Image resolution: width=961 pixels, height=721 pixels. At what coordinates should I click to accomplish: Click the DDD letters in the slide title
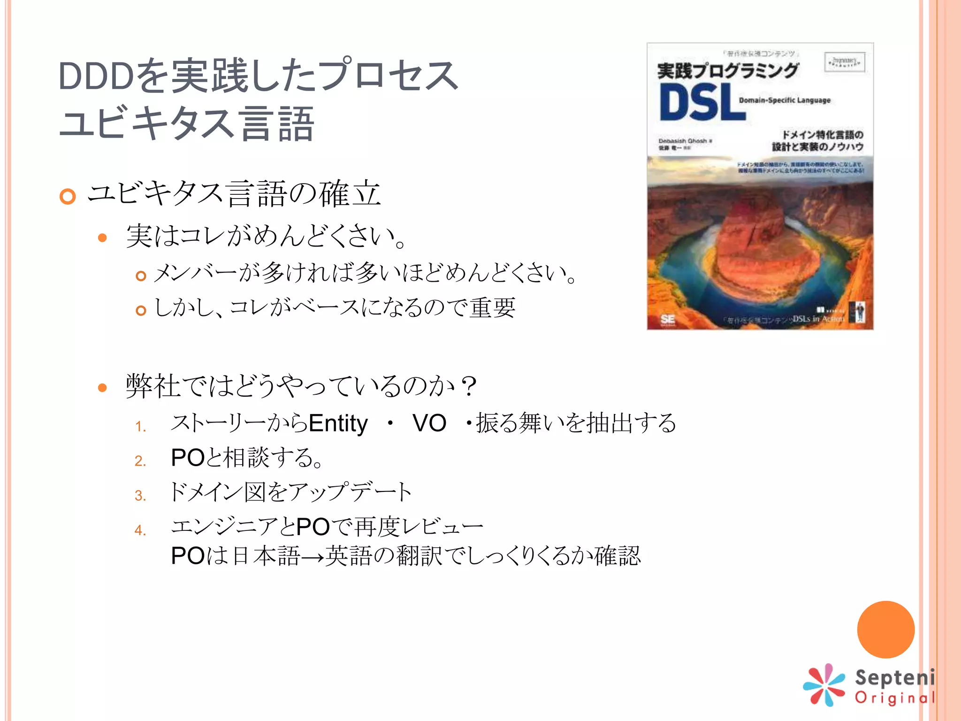click(x=96, y=77)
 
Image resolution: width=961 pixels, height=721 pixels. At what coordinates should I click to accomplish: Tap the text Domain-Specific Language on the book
click(x=785, y=100)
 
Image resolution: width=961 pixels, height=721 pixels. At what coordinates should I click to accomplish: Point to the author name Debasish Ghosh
click(x=683, y=141)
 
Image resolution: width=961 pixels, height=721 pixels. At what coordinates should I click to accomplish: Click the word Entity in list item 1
click(x=338, y=423)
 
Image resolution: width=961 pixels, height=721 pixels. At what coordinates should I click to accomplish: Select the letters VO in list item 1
click(x=429, y=423)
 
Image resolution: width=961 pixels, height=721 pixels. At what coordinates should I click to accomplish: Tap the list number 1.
click(x=140, y=426)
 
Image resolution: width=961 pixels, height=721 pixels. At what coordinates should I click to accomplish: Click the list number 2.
click(x=140, y=460)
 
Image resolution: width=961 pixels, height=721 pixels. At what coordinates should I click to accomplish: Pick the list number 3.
click(x=140, y=495)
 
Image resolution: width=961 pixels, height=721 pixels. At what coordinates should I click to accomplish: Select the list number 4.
click(x=140, y=530)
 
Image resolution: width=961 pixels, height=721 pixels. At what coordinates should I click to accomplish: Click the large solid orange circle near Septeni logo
click(x=885, y=629)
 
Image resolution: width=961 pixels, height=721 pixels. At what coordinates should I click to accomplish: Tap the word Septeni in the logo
click(x=894, y=678)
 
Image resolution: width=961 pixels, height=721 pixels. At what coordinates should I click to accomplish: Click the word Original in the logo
click(x=894, y=698)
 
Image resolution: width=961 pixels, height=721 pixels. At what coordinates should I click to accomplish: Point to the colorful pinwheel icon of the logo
click(x=824, y=685)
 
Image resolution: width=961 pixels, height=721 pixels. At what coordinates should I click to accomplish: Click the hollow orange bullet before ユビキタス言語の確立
click(x=68, y=196)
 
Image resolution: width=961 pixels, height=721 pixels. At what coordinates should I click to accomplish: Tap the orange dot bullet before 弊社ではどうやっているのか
click(x=102, y=387)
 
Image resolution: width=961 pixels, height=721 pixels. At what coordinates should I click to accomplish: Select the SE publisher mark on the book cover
click(x=667, y=320)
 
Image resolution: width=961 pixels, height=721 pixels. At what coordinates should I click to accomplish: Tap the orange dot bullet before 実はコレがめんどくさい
click(x=102, y=238)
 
